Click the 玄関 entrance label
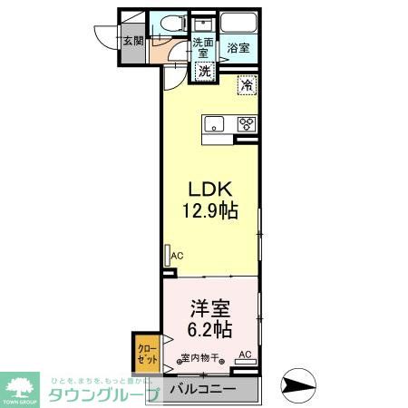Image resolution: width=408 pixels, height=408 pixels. [x=133, y=41]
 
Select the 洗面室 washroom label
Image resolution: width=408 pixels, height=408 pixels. [x=202, y=47]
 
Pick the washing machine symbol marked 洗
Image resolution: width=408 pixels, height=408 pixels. [x=205, y=71]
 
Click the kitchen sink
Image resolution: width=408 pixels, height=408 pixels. [x=214, y=124]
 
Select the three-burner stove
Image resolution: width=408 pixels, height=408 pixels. [x=245, y=124]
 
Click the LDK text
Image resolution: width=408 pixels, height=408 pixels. [x=211, y=189]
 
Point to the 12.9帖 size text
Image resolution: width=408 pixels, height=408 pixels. [x=211, y=211]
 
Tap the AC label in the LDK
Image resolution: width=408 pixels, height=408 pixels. [x=177, y=256]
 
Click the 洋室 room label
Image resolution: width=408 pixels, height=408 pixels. [x=210, y=307]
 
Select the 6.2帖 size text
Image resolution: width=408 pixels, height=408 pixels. [x=210, y=328]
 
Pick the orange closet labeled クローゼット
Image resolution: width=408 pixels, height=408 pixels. [x=147, y=352]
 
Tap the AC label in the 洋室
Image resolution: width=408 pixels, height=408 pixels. [x=244, y=355]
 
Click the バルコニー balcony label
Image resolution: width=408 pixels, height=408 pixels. [x=203, y=390]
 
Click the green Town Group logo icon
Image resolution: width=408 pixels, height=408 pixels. [x=19, y=384]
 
